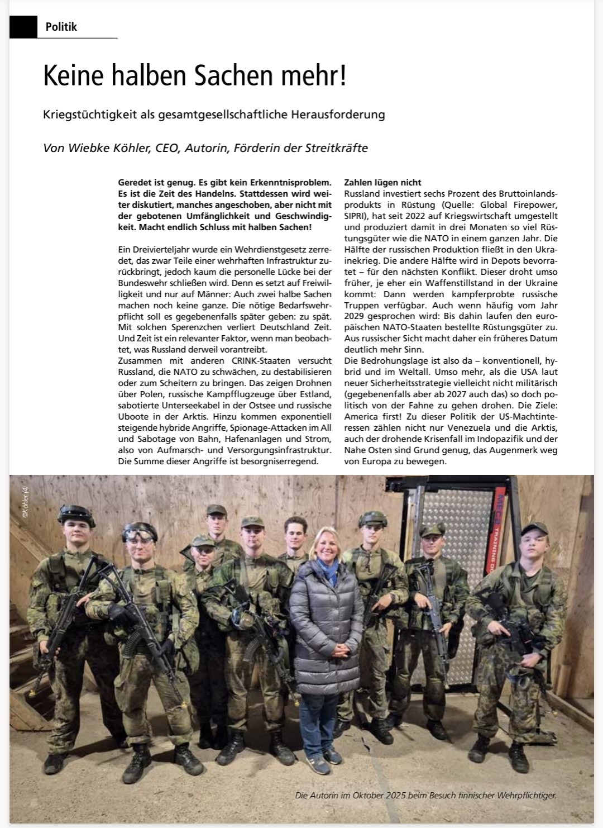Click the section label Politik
(x=61, y=26)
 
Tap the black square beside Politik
(x=23, y=26)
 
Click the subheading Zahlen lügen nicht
(x=382, y=183)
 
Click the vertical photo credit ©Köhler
(x=26, y=503)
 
